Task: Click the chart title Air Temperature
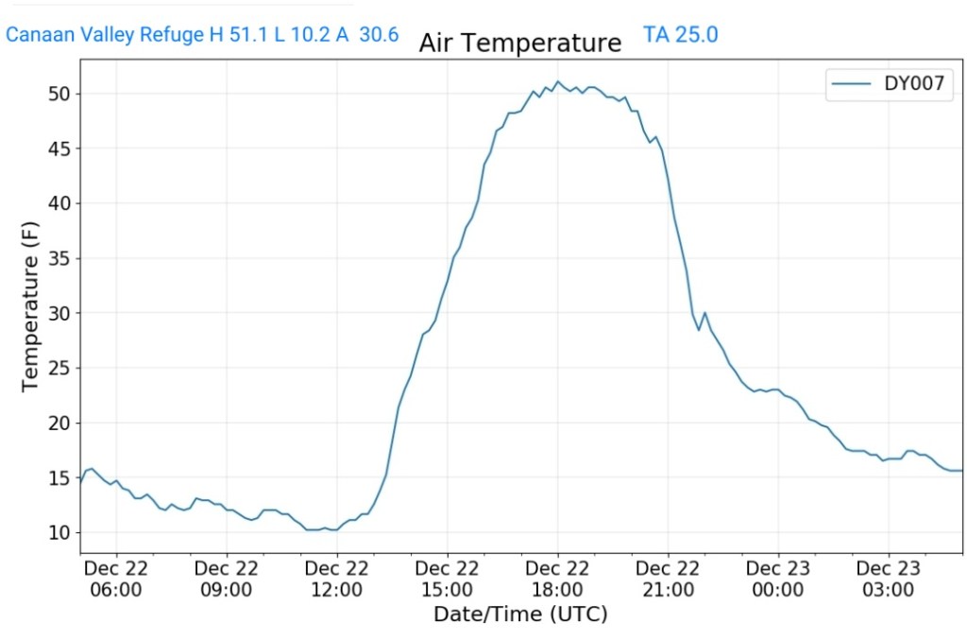(x=520, y=43)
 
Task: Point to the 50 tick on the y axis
(x=60, y=94)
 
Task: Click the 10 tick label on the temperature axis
(x=60, y=533)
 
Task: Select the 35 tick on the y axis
(x=60, y=258)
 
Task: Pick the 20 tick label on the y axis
(x=60, y=424)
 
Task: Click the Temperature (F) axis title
(x=30, y=313)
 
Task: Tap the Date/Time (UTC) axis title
(x=520, y=615)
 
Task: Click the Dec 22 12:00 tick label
(x=337, y=579)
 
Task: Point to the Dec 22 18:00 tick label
(x=557, y=579)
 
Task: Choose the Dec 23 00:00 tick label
(x=778, y=579)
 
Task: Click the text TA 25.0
(x=681, y=35)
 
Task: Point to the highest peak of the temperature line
(x=557, y=82)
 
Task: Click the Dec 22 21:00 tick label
(x=668, y=579)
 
